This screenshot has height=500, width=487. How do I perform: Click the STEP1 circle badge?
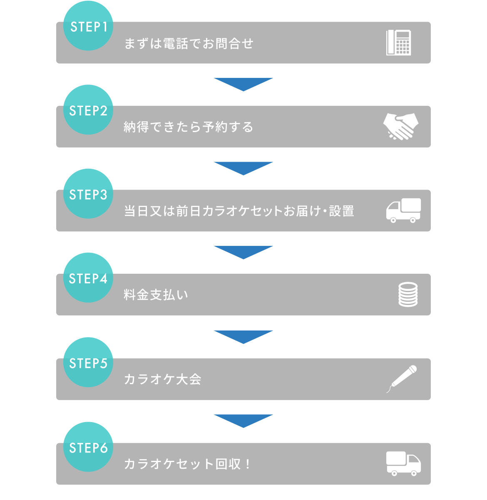[88, 26]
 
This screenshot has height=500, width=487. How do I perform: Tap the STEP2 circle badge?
[88, 110]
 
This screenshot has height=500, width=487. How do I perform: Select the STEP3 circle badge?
[88, 194]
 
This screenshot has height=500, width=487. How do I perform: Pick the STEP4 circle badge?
[88, 278]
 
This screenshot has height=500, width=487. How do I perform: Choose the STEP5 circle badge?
[88, 362]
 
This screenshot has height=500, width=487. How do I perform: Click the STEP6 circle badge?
[88, 447]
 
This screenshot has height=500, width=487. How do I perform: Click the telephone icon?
[398, 42]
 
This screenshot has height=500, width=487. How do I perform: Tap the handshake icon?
[401, 126]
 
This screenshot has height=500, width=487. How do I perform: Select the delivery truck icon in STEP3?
[403, 210]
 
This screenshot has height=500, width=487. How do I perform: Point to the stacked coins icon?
[408, 295]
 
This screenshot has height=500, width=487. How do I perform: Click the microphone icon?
[402, 379]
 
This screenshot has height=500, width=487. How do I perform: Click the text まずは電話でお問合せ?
[189, 43]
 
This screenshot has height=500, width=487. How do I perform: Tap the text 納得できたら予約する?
[189, 127]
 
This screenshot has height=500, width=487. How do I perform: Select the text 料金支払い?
[156, 295]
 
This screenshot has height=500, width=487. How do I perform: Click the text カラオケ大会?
[163, 379]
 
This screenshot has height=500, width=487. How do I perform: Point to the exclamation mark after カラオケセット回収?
[248, 464]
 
